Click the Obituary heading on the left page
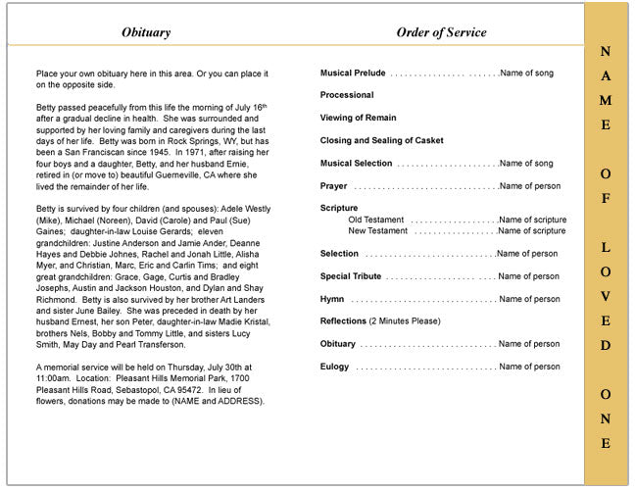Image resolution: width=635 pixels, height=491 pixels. pos(145,32)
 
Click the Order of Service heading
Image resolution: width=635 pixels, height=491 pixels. pos(441,32)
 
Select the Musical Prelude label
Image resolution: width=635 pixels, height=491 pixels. pos(353,74)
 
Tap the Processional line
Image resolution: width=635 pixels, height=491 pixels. pos(347,95)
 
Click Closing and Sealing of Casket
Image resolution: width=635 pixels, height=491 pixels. pos(381,140)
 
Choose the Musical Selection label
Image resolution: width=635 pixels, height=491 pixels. pos(356,164)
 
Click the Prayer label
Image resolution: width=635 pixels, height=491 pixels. pos(333,186)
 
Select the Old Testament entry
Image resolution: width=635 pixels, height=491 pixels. pos(376,220)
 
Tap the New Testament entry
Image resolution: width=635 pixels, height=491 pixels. pos(378,231)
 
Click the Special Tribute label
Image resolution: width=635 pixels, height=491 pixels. pos(350,276)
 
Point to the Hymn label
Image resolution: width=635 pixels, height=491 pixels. pos(332,299)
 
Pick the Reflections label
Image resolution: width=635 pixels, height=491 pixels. pos(343,321)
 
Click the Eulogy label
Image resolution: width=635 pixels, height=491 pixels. pos(335,367)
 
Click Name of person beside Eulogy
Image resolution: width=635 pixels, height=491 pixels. pos(529,367)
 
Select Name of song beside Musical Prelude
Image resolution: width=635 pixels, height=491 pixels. pos(526,74)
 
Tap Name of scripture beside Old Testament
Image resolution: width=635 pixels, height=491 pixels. pos(532,220)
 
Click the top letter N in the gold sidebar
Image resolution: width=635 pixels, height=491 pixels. pos(606,52)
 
